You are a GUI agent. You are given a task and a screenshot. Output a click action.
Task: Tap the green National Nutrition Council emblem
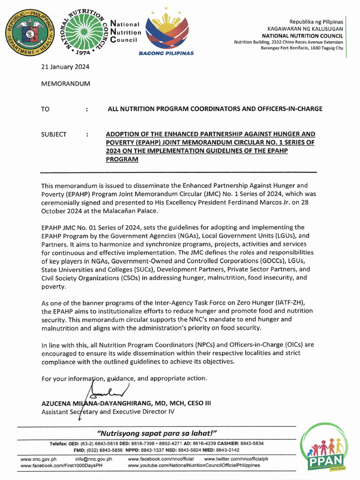[x=83, y=32]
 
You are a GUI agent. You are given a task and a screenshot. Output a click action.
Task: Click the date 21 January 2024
[x=65, y=67]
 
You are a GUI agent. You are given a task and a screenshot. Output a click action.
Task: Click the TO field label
[x=45, y=109]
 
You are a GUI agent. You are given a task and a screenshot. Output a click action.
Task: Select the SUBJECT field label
[x=54, y=134]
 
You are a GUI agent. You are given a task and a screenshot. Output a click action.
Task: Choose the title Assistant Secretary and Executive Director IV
[x=108, y=412]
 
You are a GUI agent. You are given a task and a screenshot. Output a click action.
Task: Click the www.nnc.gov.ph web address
[x=39, y=459]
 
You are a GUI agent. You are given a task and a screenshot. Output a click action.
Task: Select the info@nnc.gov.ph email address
[x=94, y=459]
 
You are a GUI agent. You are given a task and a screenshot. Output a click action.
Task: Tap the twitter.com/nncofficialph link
[x=236, y=459]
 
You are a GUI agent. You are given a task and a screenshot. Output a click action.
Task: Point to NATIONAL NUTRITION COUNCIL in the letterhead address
[x=302, y=36]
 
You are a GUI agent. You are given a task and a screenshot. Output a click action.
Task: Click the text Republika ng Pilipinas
[x=316, y=22]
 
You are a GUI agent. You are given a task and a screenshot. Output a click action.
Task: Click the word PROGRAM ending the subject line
[x=123, y=159]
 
